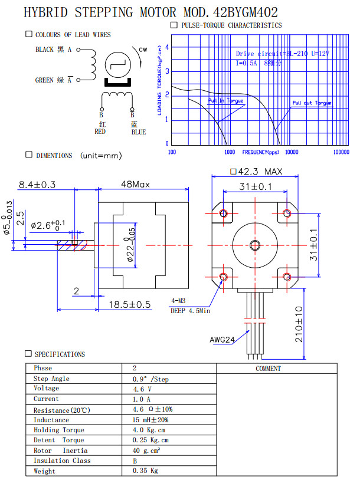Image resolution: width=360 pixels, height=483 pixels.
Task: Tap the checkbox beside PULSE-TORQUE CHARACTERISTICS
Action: (x=174, y=25)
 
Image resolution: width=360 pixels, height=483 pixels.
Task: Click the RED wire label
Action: (x=100, y=132)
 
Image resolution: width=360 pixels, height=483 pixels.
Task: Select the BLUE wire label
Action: (x=138, y=132)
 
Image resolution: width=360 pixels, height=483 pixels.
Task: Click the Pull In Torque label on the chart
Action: (x=225, y=101)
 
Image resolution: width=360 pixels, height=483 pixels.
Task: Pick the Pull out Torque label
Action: (x=312, y=103)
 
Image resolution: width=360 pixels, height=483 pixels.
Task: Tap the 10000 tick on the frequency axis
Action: (x=291, y=152)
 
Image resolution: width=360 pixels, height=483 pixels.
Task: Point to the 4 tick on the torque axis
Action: (x=167, y=47)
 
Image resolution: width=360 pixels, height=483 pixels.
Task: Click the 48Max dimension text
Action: (x=135, y=184)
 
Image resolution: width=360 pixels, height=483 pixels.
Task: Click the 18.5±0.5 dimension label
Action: (x=130, y=304)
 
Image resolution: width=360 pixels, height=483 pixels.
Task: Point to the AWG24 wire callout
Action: (x=222, y=340)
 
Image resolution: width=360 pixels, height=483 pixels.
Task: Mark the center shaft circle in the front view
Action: (x=255, y=245)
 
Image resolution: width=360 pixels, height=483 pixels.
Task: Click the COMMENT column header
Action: (x=268, y=369)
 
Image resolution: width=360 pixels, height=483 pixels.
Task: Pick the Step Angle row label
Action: (x=51, y=379)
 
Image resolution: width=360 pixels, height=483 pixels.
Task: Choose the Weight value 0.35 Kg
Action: (x=145, y=471)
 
